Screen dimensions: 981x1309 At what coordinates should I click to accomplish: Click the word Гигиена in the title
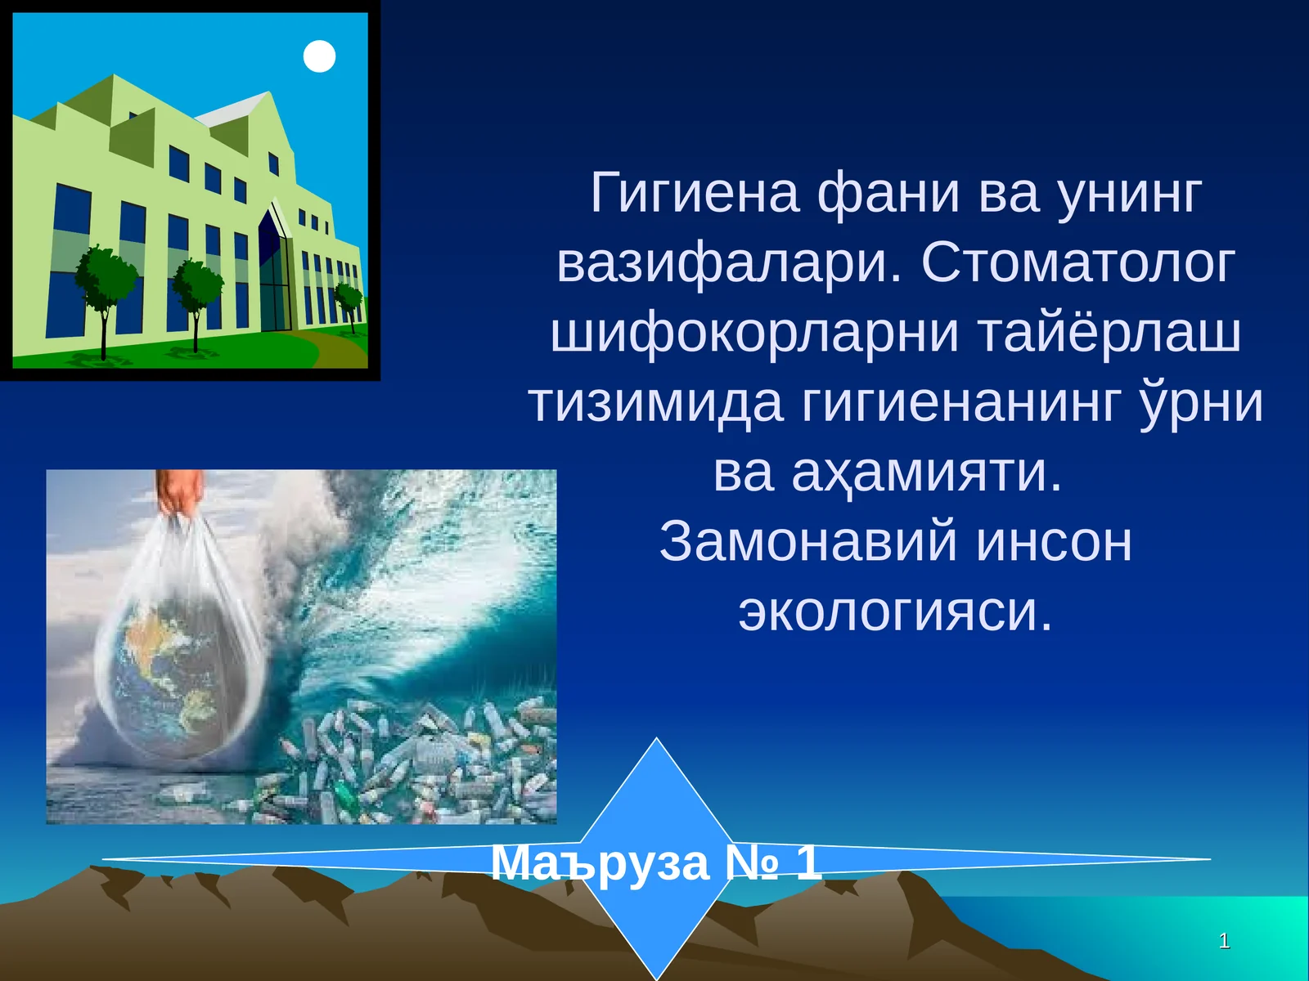(694, 194)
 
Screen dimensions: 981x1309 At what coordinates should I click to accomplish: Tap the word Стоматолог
(1078, 264)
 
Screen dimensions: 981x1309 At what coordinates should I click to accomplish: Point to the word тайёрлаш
(1109, 334)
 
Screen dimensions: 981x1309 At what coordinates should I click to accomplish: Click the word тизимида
(654, 404)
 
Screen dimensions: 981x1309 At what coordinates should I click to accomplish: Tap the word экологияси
(895, 612)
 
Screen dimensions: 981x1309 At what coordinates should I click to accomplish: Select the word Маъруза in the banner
(600, 862)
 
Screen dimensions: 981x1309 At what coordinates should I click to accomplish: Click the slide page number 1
(1224, 941)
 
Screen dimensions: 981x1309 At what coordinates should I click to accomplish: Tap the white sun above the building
(319, 56)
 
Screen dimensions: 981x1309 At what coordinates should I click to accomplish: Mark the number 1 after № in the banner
(807, 862)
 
